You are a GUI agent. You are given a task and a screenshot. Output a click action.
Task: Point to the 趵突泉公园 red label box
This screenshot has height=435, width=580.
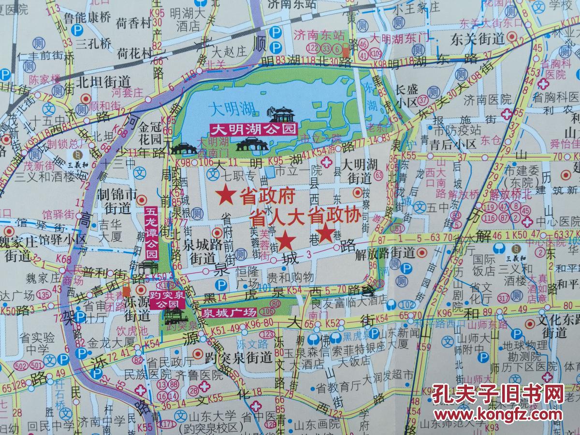(167, 299)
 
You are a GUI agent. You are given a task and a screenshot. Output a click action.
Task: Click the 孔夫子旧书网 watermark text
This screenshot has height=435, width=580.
(498, 394)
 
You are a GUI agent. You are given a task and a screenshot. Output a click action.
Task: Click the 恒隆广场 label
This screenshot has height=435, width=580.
(248, 276)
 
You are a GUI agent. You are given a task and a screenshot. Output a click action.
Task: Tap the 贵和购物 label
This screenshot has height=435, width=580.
(290, 276)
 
